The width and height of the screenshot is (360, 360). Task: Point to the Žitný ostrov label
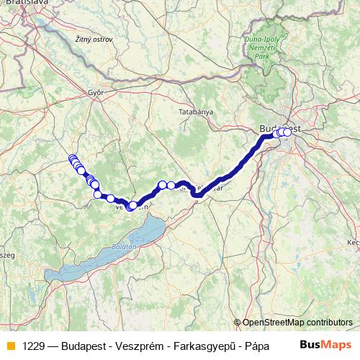click(94, 39)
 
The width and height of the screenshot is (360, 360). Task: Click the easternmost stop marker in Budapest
click(288, 132)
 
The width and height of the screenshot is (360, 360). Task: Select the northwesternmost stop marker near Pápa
click(72, 158)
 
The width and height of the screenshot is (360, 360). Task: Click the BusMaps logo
click(325, 345)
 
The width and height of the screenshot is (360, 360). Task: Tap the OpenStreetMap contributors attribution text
click(297, 323)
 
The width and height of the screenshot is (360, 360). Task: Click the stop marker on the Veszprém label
click(130, 207)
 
